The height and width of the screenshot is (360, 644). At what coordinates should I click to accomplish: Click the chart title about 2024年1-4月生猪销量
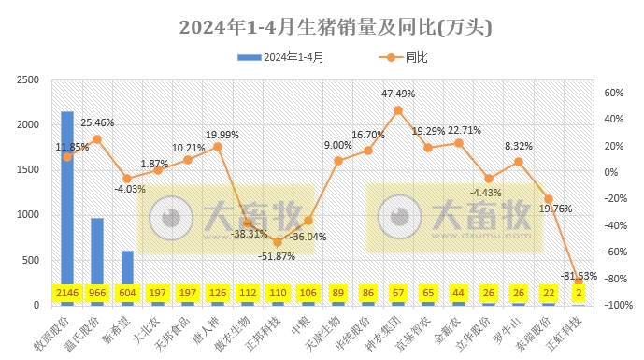(x=322, y=25)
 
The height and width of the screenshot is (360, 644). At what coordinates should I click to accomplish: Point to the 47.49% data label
(x=399, y=94)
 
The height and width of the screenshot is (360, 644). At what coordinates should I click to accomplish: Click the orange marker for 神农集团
(x=398, y=110)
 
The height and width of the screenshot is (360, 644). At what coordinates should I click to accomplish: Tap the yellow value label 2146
(x=67, y=294)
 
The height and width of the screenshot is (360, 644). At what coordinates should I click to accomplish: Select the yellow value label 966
(x=97, y=294)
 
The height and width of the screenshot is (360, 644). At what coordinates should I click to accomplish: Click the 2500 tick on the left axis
(x=28, y=80)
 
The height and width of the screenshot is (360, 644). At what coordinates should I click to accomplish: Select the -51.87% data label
(x=278, y=256)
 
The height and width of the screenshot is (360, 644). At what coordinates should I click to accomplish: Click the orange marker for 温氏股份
(x=97, y=139)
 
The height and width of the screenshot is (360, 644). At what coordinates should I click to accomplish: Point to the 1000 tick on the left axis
(x=28, y=215)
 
